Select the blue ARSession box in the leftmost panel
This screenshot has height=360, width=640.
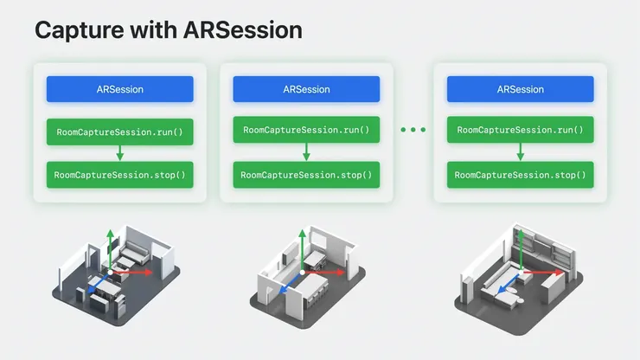tap(119, 89)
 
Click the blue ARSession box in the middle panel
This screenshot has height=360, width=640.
tap(306, 89)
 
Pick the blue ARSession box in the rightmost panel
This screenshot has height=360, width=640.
tap(520, 89)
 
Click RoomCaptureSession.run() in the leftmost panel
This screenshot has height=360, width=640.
tap(119, 132)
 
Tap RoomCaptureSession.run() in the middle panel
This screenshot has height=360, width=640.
tap(306, 131)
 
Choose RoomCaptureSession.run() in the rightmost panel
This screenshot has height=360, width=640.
tap(520, 131)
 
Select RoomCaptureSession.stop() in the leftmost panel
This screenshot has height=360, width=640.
tap(119, 175)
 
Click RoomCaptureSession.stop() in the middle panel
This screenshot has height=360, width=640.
tap(306, 175)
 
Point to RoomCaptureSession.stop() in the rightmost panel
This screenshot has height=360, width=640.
tap(520, 175)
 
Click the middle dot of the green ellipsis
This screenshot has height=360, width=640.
tap(413, 130)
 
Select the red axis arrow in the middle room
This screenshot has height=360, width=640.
tap(327, 273)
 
